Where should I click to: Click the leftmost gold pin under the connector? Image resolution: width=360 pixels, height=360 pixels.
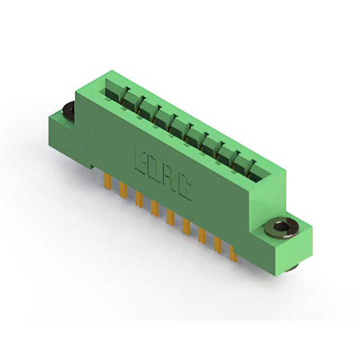pyautogui.click(x=107, y=181)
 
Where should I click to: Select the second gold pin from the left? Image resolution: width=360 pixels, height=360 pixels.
pyautogui.click(x=123, y=190)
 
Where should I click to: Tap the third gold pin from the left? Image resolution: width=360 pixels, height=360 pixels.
pyautogui.click(x=139, y=199)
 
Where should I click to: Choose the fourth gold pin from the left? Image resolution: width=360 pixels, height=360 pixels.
pyautogui.click(x=155, y=208)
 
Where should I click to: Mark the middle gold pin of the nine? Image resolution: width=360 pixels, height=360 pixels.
pyautogui.click(x=170, y=217)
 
